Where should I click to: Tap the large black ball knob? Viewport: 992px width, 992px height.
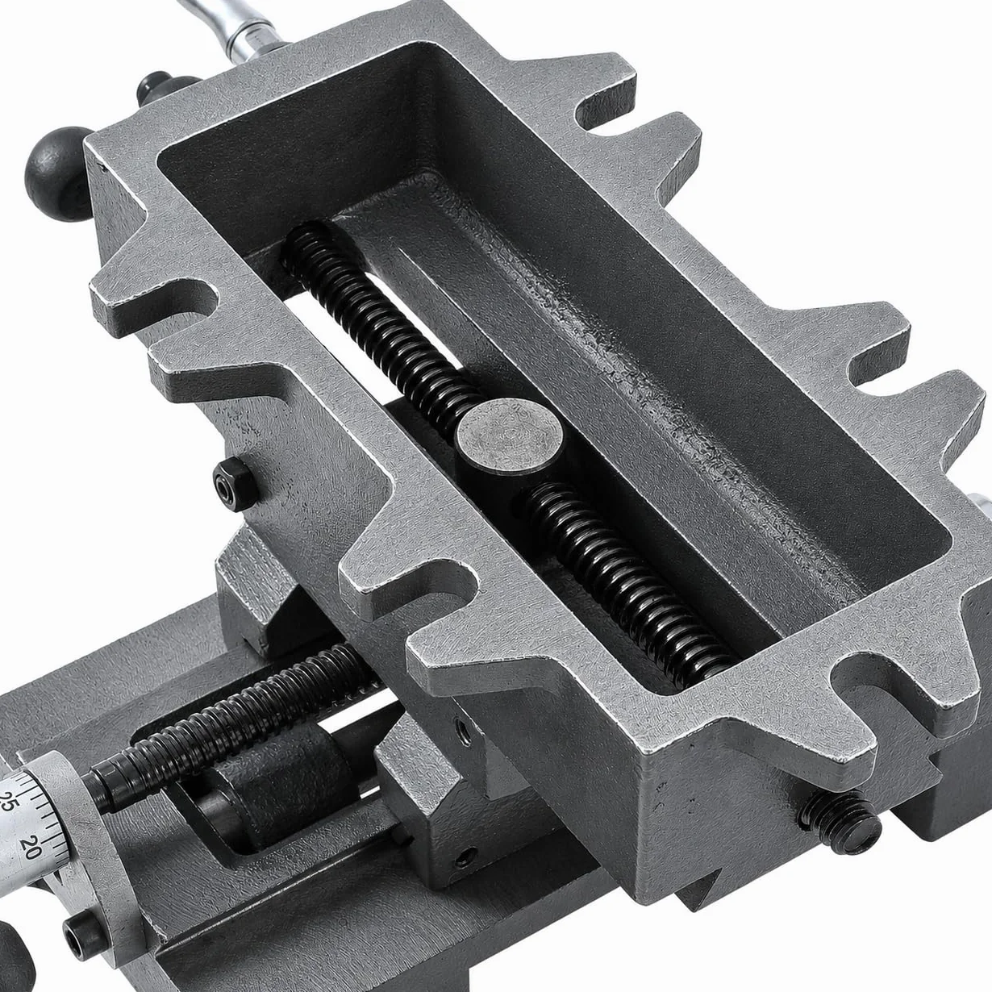tap(59, 173)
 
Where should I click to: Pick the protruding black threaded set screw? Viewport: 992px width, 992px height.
tap(838, 822)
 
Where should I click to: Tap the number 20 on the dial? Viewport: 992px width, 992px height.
tap(31, 847)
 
